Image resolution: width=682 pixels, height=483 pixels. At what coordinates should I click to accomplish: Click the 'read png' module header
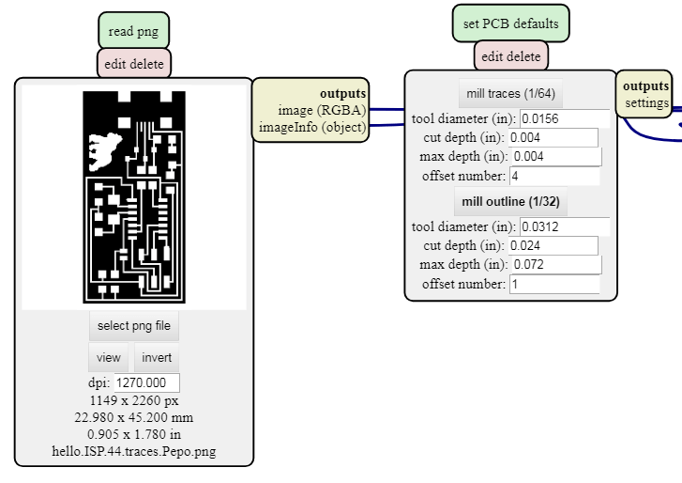tap(133, 31)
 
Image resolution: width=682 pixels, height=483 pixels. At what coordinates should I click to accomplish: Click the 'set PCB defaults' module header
tap(511, 23)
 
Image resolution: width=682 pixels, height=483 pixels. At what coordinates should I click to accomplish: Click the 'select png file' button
tap(134, 325)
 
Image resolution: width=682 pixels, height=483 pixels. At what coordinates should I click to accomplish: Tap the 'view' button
tap(109, 357)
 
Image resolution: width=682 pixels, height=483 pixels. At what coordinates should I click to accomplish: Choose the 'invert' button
tap(157, 357)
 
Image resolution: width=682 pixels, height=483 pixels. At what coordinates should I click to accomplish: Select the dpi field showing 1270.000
tap(146, 382)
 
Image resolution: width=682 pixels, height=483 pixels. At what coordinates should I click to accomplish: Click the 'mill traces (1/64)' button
tap(511, 93)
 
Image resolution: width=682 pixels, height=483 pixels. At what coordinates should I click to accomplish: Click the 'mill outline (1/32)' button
tap(511, 201)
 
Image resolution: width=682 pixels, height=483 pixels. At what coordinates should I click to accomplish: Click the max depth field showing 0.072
tap(553, 265)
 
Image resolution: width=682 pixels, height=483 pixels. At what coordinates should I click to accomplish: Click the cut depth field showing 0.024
tap(553, 245)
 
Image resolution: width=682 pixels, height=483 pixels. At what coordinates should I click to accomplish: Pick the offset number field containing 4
tap(553, 176)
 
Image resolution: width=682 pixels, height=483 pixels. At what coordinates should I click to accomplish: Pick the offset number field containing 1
tap(553, 284)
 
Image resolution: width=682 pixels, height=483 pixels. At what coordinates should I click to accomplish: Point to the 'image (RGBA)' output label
tap(322, 111)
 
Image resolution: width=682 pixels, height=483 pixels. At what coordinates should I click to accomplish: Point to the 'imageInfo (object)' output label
tap(312, 128)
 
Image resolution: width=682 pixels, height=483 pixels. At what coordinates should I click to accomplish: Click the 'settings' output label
tap(647, 102)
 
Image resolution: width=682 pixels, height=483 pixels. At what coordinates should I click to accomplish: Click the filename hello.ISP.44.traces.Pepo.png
tap(134, 451)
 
